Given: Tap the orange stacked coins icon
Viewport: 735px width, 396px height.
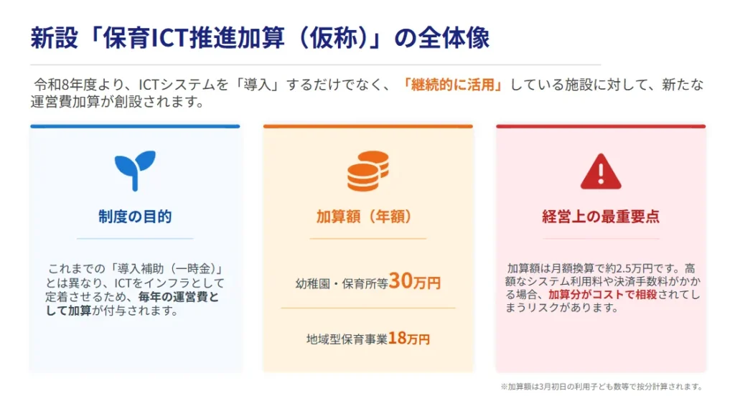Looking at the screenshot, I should (367, 171).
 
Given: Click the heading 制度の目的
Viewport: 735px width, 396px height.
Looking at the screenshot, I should (135, 217).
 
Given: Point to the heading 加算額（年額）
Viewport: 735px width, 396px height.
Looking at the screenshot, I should (367, 217).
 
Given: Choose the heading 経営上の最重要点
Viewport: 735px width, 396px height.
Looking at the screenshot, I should (601, 217).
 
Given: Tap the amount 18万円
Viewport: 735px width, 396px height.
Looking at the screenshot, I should (409, 339).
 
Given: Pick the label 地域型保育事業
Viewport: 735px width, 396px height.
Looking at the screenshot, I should (347, 339).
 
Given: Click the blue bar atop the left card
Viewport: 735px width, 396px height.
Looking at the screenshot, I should (135, 126).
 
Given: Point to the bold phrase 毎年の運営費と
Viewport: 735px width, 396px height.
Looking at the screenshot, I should (185, 298).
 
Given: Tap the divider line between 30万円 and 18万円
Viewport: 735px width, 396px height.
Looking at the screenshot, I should (367, 308).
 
